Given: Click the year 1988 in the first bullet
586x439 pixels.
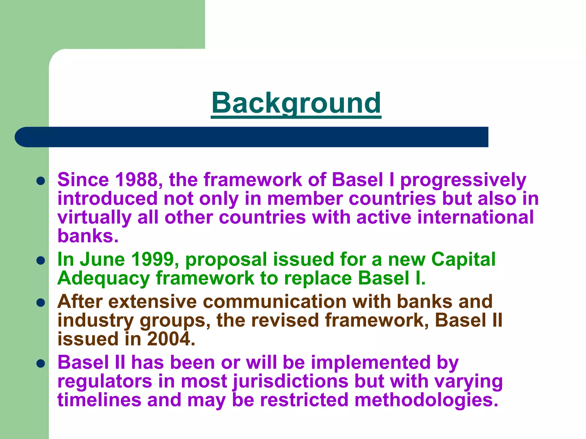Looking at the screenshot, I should pyautogui.click(x=136, y=180).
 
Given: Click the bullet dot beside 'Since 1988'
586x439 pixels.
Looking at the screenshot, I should pyautogui.click(x=41, y=181).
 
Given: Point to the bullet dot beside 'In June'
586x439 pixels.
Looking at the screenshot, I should pyautogui.click(x=41, y=260).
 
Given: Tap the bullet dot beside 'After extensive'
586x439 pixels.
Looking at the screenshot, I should pyautogui.click(x=41, y=303).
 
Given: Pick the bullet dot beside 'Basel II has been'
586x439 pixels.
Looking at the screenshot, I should pyautogui.click(x=41, y=364).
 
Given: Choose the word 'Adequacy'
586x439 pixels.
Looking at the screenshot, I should pyautogui.click(x=103, y=278).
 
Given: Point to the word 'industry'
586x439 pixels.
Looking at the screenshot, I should pyautogui.click(x=96, y=321).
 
